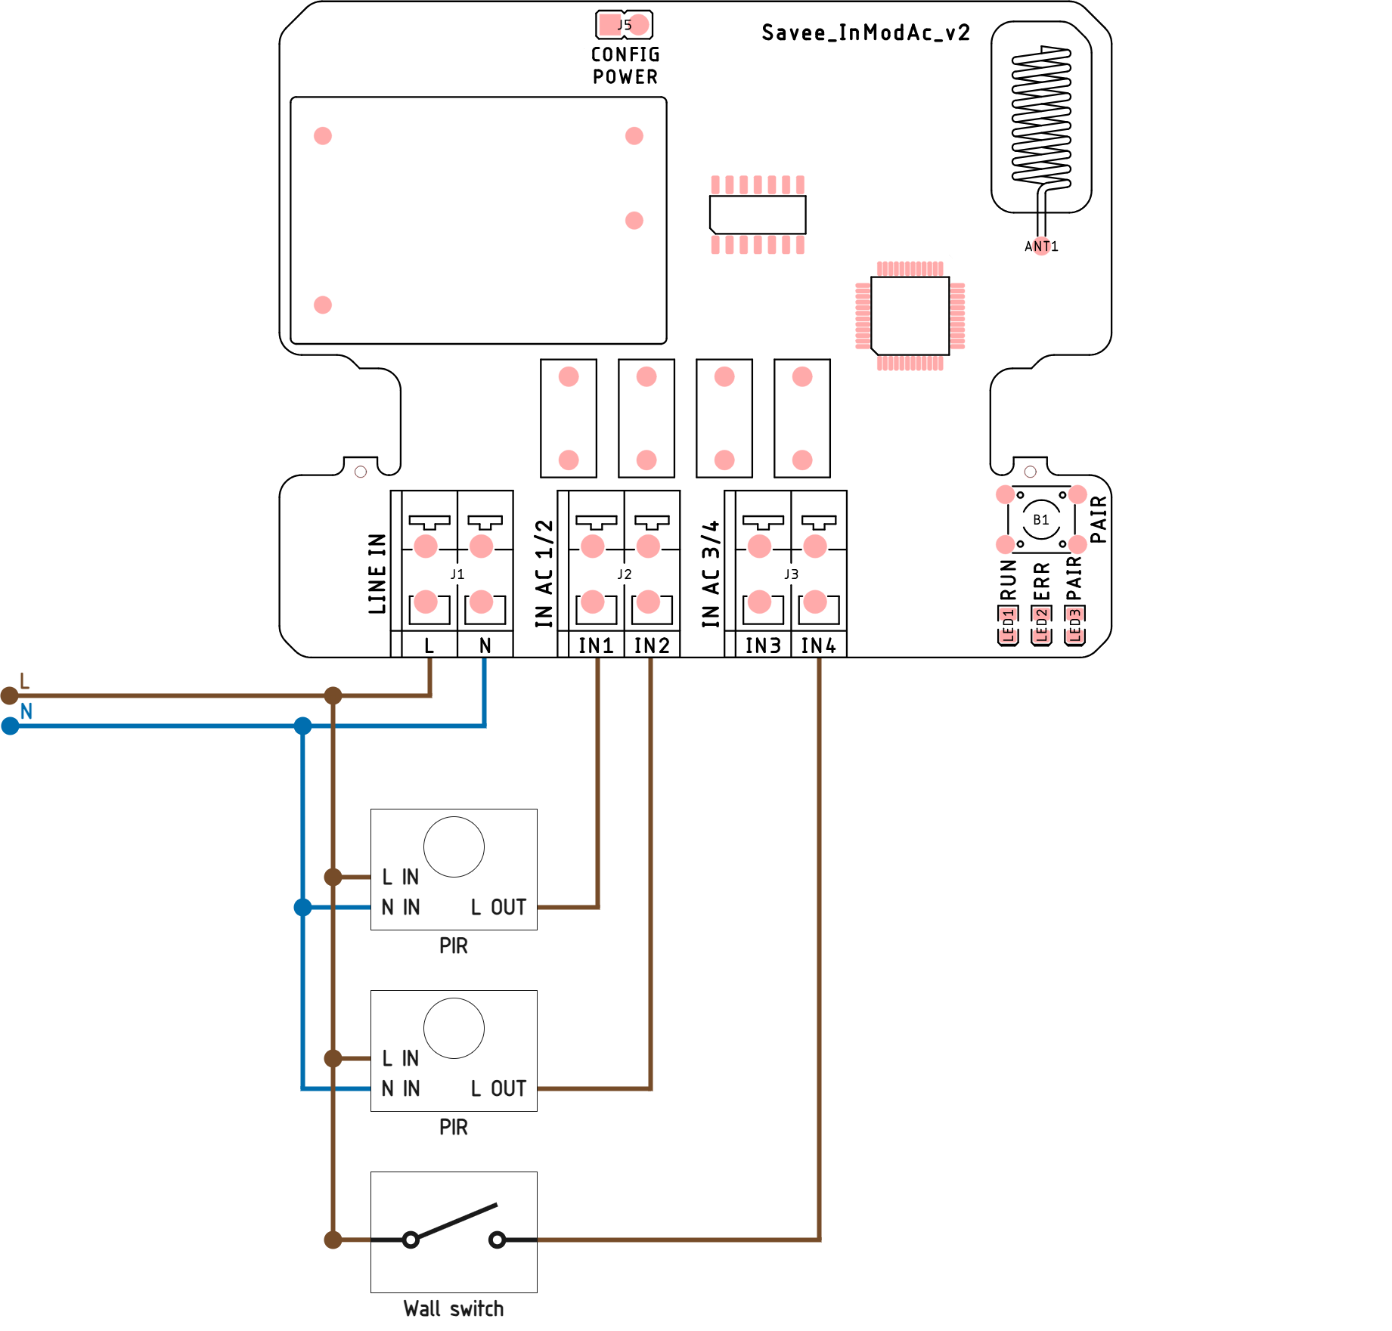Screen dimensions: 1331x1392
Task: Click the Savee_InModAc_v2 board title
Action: click(865, 33)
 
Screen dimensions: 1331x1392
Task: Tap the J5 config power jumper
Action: click(624, 25)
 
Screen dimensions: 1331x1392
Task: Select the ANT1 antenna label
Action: click(1040, 246)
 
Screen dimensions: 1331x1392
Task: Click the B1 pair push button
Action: click(1040, 520)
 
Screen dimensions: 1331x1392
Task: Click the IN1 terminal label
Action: click(596, 645)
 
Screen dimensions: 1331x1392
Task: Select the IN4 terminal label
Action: click(818, 645)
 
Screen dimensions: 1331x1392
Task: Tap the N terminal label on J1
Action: click(485, 645)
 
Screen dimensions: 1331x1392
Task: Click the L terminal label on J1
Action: click(429, 645)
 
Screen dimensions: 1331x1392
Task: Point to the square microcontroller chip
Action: click(910, 315)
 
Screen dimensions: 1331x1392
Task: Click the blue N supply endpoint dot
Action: click(10, 726)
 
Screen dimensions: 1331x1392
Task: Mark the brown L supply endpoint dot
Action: click(9, 695)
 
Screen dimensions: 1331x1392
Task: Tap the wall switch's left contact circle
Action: click(411, 1240)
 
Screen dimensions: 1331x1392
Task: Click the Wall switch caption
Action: click(453, 1309)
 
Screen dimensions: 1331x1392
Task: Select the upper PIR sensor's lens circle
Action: click(454, 847)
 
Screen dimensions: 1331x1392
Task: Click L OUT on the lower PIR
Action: click(498, 1088)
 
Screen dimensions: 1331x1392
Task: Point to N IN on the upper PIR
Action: click(400, 907)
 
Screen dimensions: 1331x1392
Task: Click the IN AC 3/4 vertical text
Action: click(710, 574)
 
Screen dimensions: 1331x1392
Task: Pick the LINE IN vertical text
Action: click(377, 574)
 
